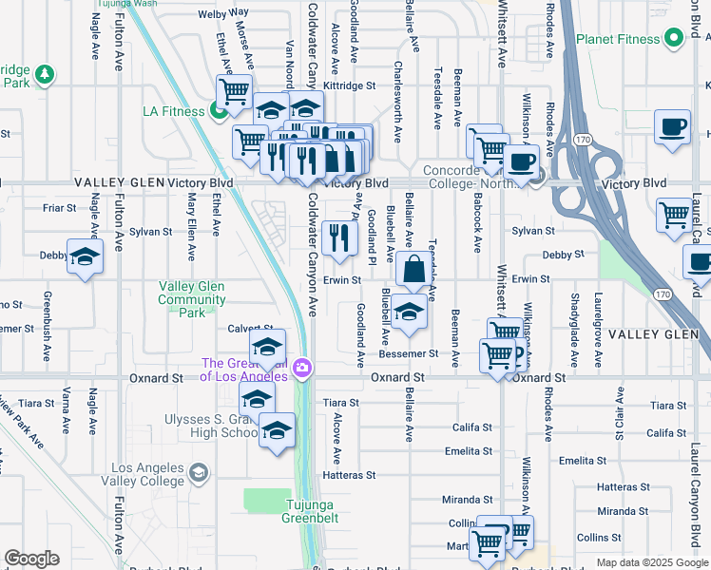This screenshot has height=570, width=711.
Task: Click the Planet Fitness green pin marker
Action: pyautogui.click(x=674, y=39)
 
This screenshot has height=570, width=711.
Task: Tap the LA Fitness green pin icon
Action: pyautogui.click(x=218, y=112)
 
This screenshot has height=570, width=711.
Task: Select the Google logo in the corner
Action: pyautogui.click(x=31, y=559)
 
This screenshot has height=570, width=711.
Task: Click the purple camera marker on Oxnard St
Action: pyautogui.click(x=303, y=368)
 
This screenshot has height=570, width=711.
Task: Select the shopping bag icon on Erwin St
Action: pyautogui.click(x=414, y=270)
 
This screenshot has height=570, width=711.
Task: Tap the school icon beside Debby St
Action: pyautogui.click(x=85, y=256)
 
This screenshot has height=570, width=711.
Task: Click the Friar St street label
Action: pyautogui.click(x=58, y=206)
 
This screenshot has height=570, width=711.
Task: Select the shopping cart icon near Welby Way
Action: pyautogui.click(x=233, y=92)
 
